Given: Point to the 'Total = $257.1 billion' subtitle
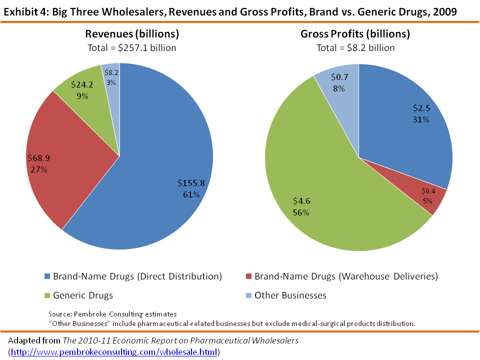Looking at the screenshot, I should (x=131, y=48).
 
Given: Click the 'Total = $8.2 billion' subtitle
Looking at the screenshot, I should (x=355, y=48).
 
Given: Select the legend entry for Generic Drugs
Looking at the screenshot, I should (x=83, y=295).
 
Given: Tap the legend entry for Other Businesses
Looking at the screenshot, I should (x=290, y=295).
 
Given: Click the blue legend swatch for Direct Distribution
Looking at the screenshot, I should (x=48, y=276).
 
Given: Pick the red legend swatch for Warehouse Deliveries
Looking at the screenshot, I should (x=249, y=276).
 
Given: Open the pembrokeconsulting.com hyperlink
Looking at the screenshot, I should (x=114, y=352).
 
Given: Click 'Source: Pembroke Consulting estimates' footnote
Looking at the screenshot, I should (x=112, y=314).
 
